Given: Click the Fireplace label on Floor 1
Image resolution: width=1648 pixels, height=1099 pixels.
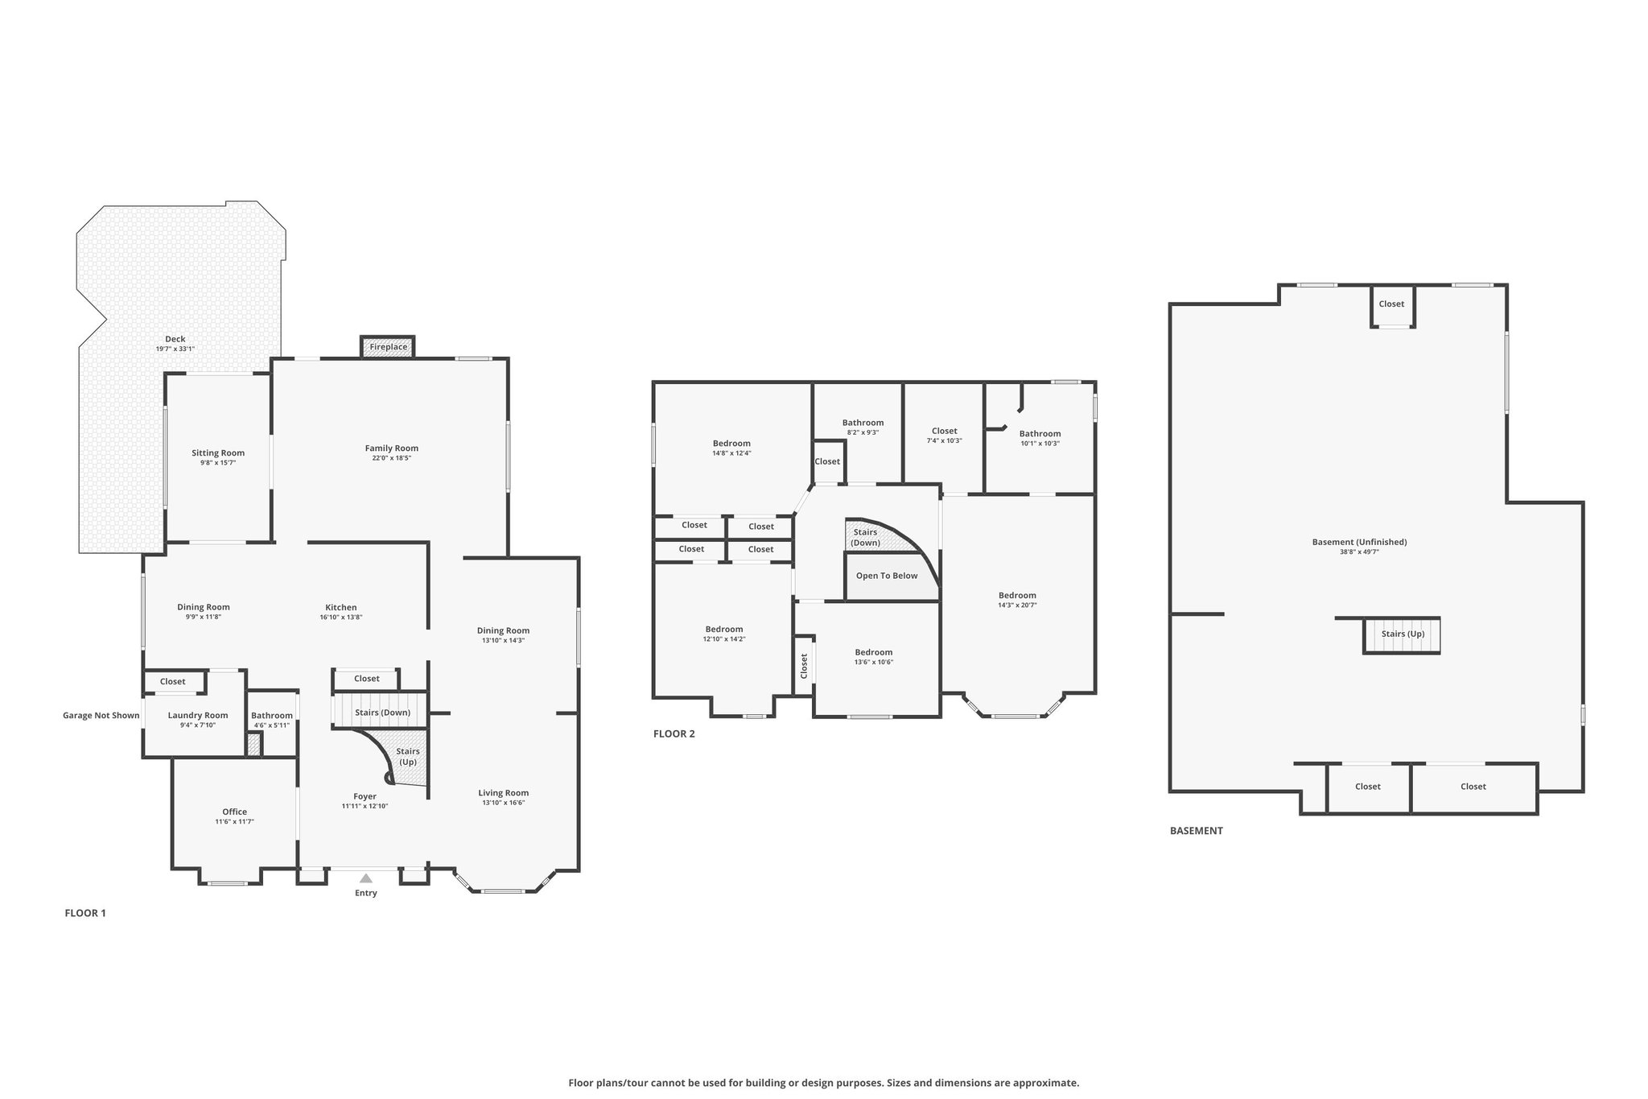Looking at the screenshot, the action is pyautogui.click(x=389, y=347).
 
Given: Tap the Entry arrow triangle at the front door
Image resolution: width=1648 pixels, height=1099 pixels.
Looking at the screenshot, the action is pyautogui.click(x=366, y=878).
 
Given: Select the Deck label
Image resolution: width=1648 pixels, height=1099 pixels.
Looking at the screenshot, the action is pyautogui.click(x=175, y=339).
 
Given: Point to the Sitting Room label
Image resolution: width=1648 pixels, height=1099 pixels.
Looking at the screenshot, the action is pyautogui.click(x=218, y=453).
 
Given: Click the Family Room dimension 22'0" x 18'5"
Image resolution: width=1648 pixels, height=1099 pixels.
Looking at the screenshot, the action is pyautogui.click(x=392, y=458).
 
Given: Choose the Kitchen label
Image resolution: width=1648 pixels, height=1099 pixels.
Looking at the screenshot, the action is pyautogui.click(x=341, y=608).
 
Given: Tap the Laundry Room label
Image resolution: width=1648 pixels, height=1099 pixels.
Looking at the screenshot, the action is pyautogui.click(x=198, y=716).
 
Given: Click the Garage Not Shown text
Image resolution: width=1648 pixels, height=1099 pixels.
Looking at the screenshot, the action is pyautogui.click(x=101, y=715).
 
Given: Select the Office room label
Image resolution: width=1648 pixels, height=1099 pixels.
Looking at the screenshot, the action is pyautogui.click(x=235, y=812).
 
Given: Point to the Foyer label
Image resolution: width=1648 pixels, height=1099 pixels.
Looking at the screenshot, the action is pyautogui.click(x=365, y=796).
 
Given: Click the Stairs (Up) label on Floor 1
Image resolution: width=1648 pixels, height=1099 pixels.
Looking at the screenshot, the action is pyautogui.click(x=408, y=757).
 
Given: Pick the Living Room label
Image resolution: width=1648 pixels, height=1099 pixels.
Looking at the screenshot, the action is pyautogui.click(x=504, y=792).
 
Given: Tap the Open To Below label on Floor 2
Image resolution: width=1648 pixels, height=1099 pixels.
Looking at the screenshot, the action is pyautogui.click(x=887, y=576).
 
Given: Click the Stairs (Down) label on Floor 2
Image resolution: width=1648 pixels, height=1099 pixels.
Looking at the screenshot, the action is pyautogui.click(x=866, y=537).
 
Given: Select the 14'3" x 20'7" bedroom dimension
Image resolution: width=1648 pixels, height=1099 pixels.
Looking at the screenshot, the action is pyautogui.click(x=1017, y=605).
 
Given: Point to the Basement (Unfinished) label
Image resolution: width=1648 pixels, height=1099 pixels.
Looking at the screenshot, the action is pyautogui.click(x=1360, y=542).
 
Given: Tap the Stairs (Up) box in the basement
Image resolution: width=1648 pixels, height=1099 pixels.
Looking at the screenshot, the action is pyautogui.click(x=1402, y=635).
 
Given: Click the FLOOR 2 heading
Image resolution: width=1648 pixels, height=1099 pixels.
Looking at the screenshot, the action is pyautogui.click(x=674, y=733).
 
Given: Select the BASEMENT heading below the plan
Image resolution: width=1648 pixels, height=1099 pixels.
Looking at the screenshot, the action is pyautogui.click(x=1197, y=830).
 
